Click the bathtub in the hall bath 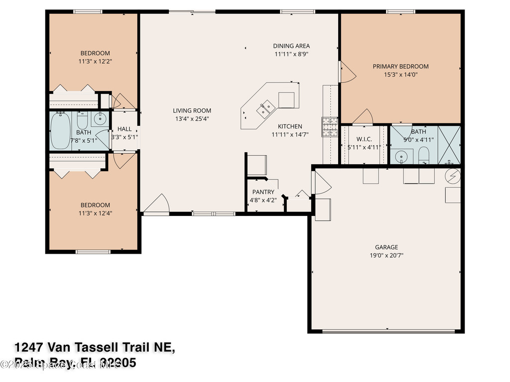[61, 130]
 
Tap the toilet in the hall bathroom [83, 121]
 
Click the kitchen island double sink [265, 106]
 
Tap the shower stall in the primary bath [449, 145]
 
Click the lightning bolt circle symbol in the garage [453, 176]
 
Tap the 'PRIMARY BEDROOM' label [400, 66]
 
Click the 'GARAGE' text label [386, 247]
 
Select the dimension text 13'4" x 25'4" [192, 119]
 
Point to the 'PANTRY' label [263, 192]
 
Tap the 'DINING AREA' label [291, 46]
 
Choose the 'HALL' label [125, 129]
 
